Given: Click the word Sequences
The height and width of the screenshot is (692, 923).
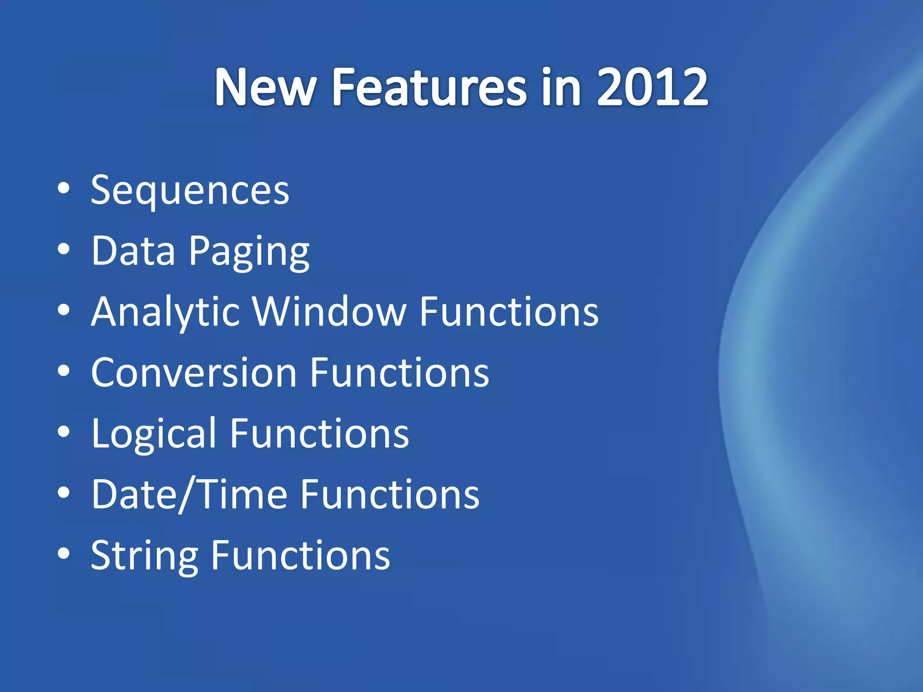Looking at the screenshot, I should tap(190, 191).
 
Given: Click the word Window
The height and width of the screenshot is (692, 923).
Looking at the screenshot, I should tap(329, 312).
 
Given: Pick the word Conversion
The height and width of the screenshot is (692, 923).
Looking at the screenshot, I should tap(194, 373).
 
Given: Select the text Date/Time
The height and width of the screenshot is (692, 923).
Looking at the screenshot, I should tap(189, 495).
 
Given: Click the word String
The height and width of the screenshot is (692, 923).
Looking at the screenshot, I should tap(144, 555).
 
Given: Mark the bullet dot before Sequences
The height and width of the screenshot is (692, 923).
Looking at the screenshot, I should tap(64, 189).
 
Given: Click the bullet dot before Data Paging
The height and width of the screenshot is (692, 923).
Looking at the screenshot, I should tap(64, 249).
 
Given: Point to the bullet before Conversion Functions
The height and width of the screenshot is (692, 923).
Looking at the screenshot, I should tap(64, 371).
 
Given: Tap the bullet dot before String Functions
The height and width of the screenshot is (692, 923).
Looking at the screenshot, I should tap(64, 553).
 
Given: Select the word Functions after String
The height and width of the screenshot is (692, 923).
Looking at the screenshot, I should tap(301, 555).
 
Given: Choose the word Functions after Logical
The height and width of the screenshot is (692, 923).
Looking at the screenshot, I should tap(320, 434).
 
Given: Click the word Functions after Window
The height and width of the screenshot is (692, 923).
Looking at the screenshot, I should tap(509, 312).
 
